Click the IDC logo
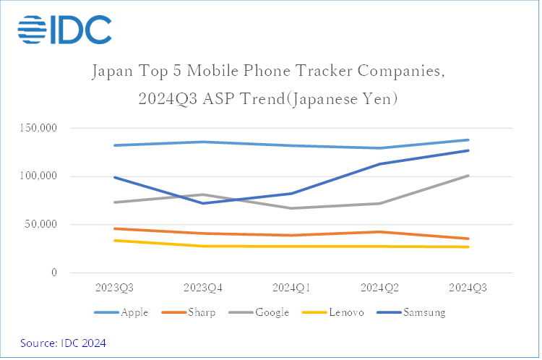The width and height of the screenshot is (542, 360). pyautogui.click(x=65, y=29)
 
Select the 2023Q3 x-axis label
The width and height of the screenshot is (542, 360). pyautogui.click(x=115, y=288)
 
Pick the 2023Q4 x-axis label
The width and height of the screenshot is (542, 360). pyautogui.click(x=203, y=288)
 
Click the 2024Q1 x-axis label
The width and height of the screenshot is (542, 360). pyautogui.click(x=291, y=288)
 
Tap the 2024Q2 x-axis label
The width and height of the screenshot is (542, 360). pyautogui.click(x=379, y=288)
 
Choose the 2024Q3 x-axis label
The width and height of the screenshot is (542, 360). pyautogui.click(x=468, y=288)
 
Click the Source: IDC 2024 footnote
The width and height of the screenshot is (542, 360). pyautogui.click(x=63, y=343)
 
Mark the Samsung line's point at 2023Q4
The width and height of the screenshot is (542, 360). pyautogui.click(x=203, y=203)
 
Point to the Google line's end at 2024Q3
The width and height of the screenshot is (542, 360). pyautogui.click(x=468, y=176)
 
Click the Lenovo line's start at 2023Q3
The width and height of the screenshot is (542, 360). pyautogui.click(x=115, y=240)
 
